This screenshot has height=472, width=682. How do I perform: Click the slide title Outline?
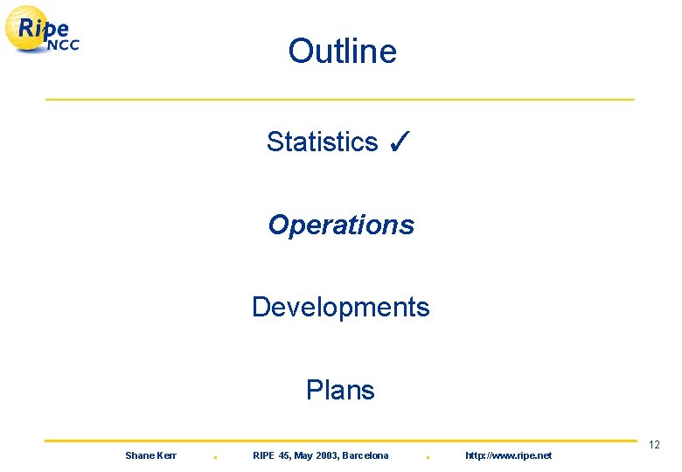[342, 52]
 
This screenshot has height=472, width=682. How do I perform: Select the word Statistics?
[322, 142]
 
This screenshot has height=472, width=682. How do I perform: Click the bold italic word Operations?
[341, 225]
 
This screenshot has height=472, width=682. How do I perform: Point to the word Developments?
[340, 307]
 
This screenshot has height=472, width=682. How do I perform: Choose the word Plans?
[340, 390]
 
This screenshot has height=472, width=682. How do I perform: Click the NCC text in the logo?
[62, 45]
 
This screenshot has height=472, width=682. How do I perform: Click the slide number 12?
[654, 446]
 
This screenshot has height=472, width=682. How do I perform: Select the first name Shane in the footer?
[139, 455]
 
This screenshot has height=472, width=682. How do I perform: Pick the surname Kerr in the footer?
[166, 455]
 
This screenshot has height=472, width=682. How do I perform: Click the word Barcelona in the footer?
[365, 455]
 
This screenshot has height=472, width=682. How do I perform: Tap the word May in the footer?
[302, 455]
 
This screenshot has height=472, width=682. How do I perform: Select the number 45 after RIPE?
[282, 455]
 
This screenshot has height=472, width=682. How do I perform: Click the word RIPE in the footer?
[263, 455]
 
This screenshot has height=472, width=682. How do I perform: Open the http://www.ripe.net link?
[508, 455]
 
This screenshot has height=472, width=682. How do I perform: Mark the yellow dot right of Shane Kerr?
[215, 457]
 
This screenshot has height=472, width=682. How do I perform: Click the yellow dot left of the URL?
[426, 457]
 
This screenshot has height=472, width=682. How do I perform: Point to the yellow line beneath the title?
[340, 100]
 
